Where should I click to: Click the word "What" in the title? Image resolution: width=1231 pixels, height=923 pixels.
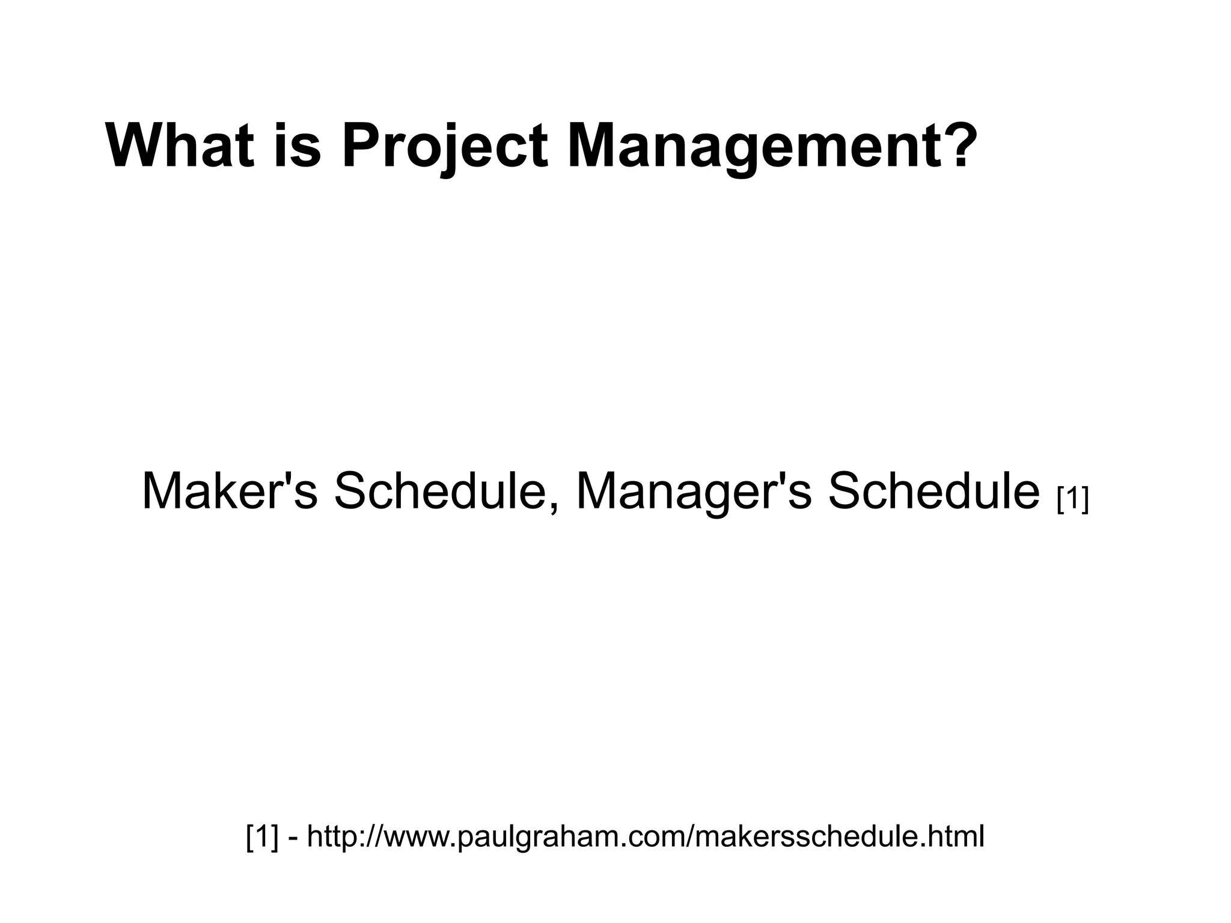(x=179, y=146)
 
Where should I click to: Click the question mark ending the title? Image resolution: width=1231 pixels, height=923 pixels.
(x=953, y=146)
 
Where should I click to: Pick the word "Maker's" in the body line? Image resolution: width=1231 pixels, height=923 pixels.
(x=229, y=491)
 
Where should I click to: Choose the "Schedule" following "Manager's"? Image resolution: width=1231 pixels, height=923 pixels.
(x=933, y=491)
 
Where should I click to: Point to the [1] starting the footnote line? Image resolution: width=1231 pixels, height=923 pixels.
(x=263, y=836)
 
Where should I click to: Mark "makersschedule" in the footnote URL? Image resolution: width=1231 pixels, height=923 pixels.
(x=805, y=836)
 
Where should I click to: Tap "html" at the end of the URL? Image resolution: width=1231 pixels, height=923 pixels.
(x=955, y=836)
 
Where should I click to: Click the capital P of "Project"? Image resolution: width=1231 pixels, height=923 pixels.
(x=359, y=146)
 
